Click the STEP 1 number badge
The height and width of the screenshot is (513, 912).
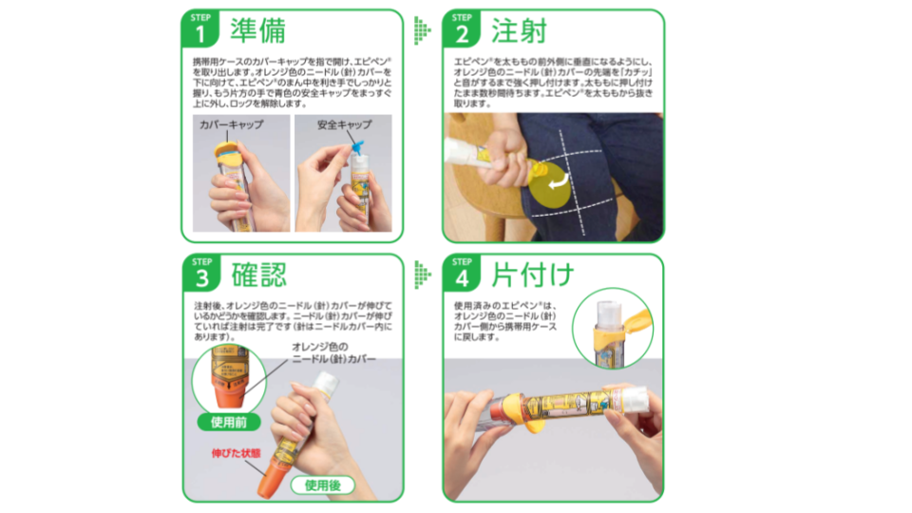tap(201, 31)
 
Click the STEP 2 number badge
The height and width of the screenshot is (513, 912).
tap(462, 31)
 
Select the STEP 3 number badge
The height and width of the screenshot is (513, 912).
tap(201, 274)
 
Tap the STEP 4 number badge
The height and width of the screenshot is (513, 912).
tap(462, 275)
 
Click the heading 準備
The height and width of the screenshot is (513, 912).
tap(257, 31)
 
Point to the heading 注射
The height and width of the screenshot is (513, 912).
tap(518, 31)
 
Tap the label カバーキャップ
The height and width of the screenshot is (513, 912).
tap(231, 124)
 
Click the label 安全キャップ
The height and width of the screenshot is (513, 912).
tap(344, 124)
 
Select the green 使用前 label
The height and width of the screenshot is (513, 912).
tap(229, 421)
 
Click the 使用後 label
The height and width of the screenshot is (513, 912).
tap(323, 485)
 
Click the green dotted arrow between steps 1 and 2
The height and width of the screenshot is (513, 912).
tap(422, 31)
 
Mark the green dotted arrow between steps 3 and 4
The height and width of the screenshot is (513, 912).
tap(422, 275)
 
